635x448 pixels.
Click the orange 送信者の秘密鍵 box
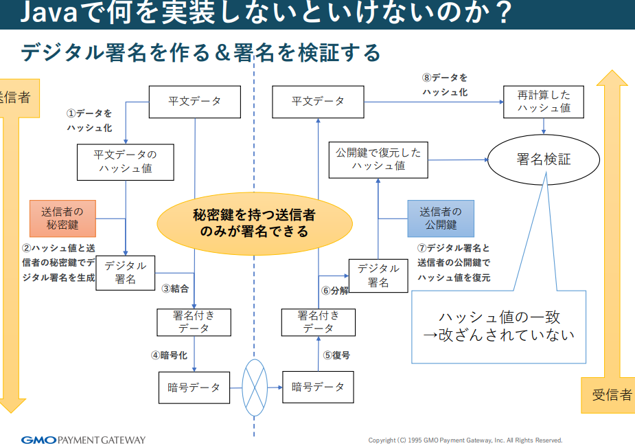(62, 218)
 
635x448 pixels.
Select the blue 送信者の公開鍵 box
(441, 218)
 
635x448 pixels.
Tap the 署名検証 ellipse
(544, 159)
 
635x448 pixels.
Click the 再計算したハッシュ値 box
(544, 102)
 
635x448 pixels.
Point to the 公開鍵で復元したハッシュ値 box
(378, 159)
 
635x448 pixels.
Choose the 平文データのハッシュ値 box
(125, 162)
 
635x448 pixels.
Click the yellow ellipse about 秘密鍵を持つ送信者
(254, 223)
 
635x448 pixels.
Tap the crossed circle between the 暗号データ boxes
(255, 388)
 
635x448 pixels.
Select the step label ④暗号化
(169, 355)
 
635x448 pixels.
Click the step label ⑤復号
(336, 355)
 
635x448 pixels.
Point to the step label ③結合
(175, 289)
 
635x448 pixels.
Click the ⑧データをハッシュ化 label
(445, 85)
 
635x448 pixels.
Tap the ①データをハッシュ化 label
(89, 120)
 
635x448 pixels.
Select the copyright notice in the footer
(465, 440)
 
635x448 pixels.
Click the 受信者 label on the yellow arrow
(612, 394)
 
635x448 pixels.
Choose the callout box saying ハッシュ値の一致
(499, 326)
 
